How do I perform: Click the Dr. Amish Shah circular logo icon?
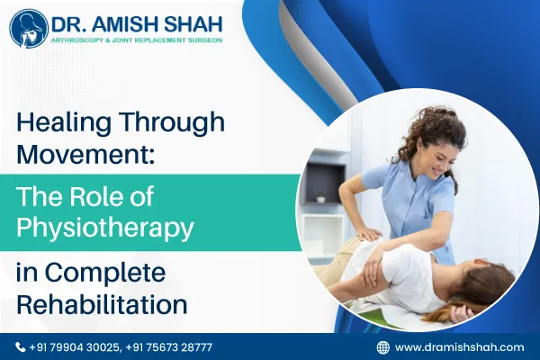click(x=29, y=29)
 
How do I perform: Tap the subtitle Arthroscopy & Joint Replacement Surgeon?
click(x=133, y=40)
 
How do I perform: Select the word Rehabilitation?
click(x=101, y=302)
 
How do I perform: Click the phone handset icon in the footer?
click(x=21, y=346)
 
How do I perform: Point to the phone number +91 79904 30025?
click(x=75, y=346)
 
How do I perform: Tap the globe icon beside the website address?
click(x=382, y=346)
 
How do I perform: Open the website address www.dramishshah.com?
click(x=459, y=346)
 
